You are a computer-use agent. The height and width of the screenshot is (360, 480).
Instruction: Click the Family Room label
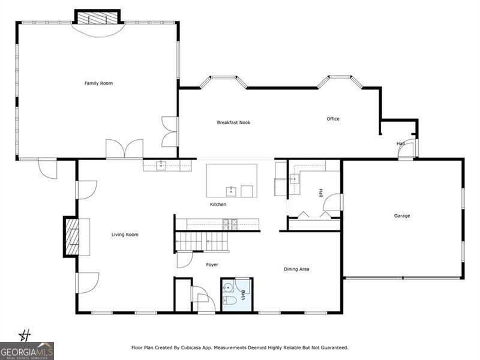coord(98,83)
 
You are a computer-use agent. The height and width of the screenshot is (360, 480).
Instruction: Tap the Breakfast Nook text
coord(233,122)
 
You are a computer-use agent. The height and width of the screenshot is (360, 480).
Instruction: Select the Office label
coord(333,119)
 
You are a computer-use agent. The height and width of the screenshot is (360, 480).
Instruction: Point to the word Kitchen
coord(218,205)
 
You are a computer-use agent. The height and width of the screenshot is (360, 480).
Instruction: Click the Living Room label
coord(125,235)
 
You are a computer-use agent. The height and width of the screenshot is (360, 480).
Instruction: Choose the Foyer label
coord(212,265)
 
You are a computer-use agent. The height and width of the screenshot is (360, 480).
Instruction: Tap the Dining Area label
coord(296,269)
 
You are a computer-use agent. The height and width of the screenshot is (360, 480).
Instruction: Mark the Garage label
coord(402,216)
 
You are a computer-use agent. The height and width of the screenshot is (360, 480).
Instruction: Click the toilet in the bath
coord(229,300)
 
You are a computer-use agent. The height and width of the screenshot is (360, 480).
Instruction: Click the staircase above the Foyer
coord(202,242)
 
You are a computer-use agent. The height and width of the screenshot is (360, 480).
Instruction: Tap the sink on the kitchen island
coord(230,191)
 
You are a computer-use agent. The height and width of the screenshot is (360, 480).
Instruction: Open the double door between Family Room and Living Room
coord(124,149)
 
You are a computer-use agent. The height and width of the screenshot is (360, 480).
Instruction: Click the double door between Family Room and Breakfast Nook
coord(170,132)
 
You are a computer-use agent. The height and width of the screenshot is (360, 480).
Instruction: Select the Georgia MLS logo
coord(27,351)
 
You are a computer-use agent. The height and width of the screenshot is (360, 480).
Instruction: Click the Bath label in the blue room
coord(243,295)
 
